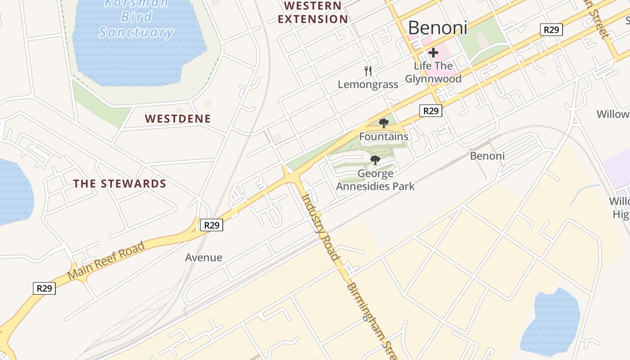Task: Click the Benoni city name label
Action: pyautogui.click(x=437, y=28)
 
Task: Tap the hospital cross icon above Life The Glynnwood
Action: pyautogui.click(x=433, y=53)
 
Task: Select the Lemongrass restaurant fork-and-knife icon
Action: pyautogui.click(x=368, y=71)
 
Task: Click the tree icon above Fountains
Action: pyautogui.click(x=383, y=123)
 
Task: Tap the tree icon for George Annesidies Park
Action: pyautogui.click(x=375, y=160)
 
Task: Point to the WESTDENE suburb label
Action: pyautogui.click(x=178, y=119)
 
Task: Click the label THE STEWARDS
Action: pyautogui.click(x=120, y=184)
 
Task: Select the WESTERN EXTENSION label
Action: pyautogui.click(x=313, y=13)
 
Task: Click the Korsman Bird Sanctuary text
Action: pyautogui.click(x=136, y=18)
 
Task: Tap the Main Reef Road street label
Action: pyautogui.click(x=107, y=260)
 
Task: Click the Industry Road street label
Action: pyautogui.click(x=320, y=227)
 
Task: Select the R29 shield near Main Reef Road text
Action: pyautogui.click(x=44, y=288)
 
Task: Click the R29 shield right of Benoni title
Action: pyautogui.click(x=551, y=30)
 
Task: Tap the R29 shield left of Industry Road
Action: pyautogui.click(x=211, y=225)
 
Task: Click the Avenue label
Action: pyautogui.click(x=204, y=257)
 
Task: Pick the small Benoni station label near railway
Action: pyautogui.click(x=487, y=156)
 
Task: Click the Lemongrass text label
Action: pyautogui.click(x=368, y=85)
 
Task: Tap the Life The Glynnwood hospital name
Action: pyautogui.click(x=433, y=72)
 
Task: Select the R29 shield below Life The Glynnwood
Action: pyautogui.click(x=431, y=111)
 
